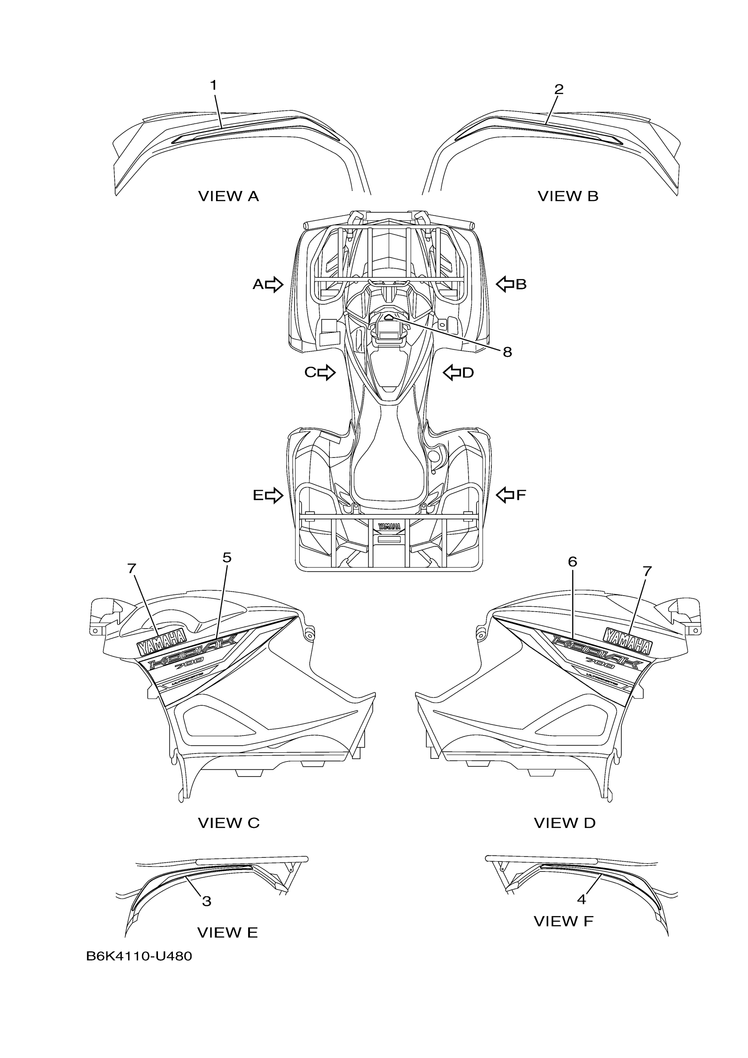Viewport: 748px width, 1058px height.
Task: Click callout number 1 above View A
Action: (x=213, y=85)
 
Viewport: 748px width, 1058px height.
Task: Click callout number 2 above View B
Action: (x=559, y=89)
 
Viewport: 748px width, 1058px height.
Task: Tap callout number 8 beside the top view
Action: (x=507, y=352)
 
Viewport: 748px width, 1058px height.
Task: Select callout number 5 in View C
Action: (x=227, y=557)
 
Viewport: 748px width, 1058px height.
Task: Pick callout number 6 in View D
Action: (x=572, y=562)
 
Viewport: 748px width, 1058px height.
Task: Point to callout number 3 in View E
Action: (x=206, y=901)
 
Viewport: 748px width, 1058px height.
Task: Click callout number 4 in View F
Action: (x=581, y=899)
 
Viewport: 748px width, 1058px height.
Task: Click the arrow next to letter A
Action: (x=274, y=284)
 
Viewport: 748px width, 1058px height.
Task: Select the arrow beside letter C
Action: (x=326, y=372)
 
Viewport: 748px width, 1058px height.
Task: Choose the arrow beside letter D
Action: (x=452, y=372)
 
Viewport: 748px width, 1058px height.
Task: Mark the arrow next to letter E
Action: (x=274, y=495)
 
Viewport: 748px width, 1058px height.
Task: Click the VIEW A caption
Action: (x=229, y=196)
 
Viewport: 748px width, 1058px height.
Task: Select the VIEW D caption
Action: (x=565, y=823)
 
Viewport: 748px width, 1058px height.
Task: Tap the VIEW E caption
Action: (x=227, y=933)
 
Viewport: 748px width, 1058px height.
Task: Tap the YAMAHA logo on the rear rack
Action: (x=389, y=526)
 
